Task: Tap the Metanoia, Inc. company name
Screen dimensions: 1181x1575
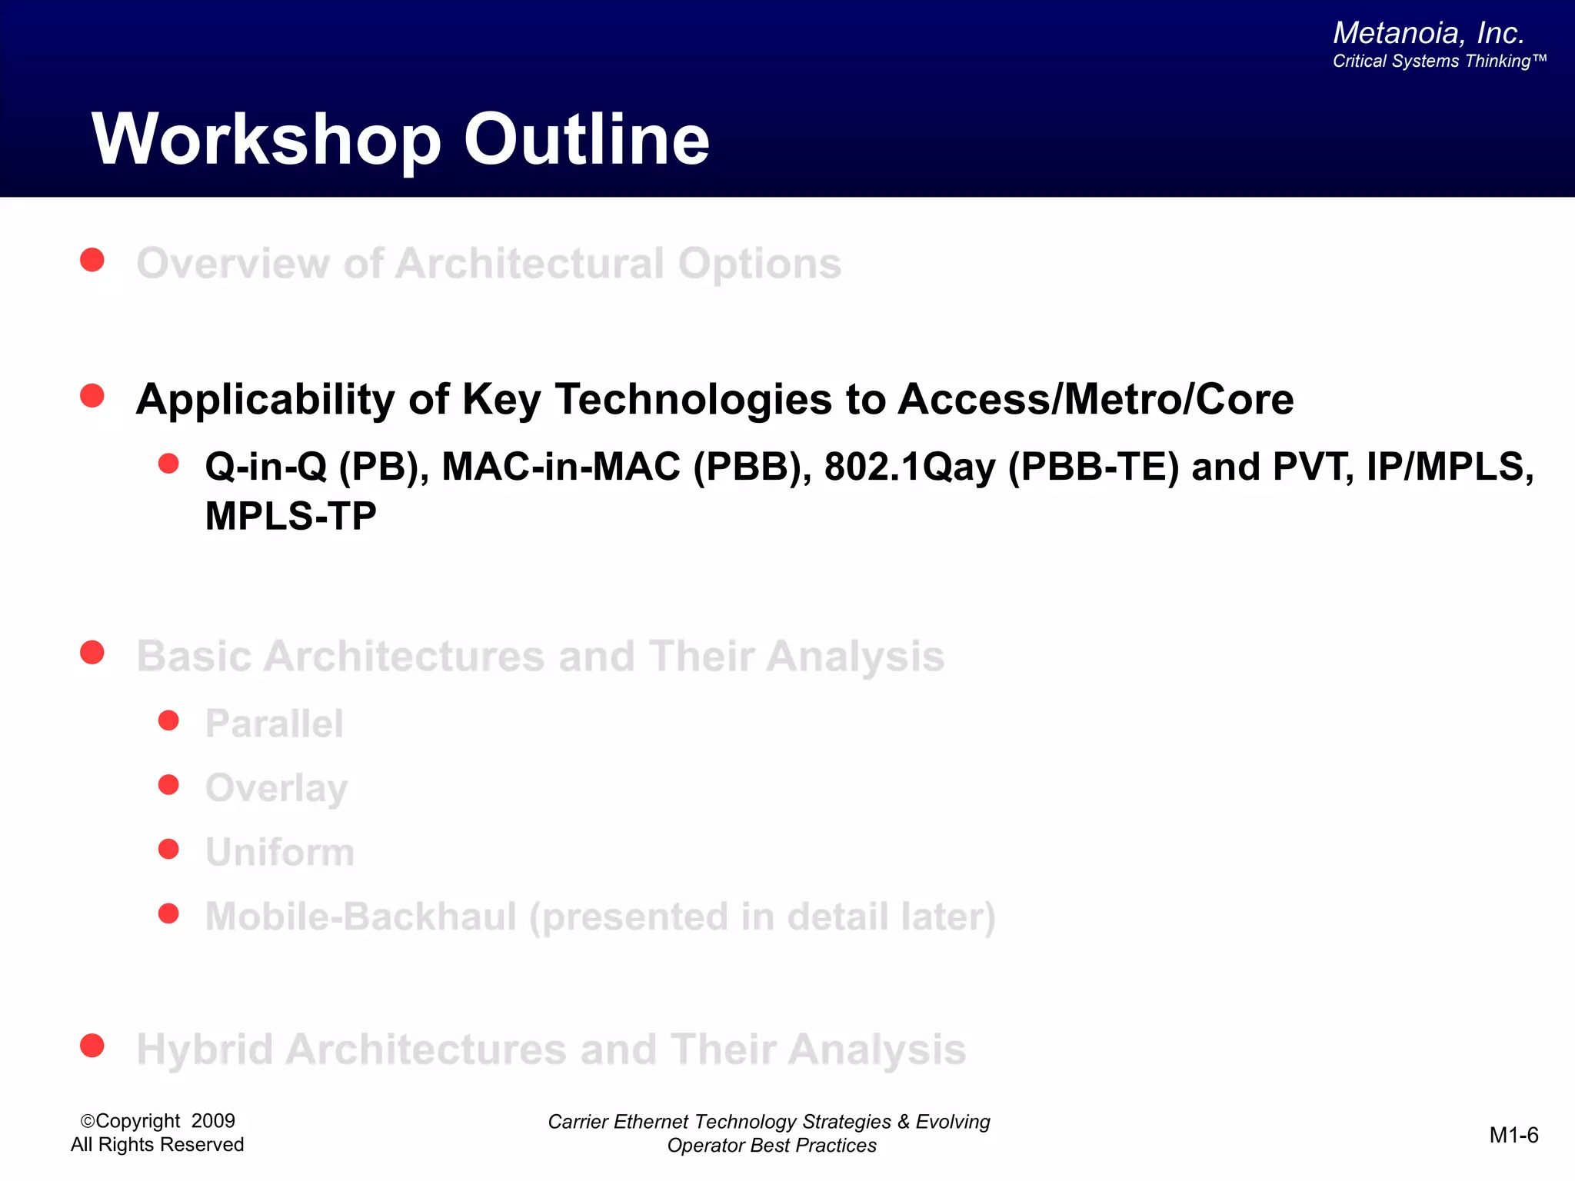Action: click(1428, 33)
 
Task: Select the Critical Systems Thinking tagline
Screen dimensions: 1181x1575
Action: click(1438, 62)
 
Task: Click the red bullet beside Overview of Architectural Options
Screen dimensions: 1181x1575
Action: click(92, 260)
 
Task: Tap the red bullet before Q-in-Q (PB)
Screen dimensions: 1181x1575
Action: click(168, 464)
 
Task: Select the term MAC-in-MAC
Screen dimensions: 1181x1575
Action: click(561, 467)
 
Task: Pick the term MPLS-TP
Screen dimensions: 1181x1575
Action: click(291, 516)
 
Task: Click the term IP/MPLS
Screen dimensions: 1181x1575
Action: click(1449, 467)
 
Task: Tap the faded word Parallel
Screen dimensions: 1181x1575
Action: click(274, 724)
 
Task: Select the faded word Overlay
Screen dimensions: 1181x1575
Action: click(276, 788)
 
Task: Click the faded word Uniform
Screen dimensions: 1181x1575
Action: click(280, 852)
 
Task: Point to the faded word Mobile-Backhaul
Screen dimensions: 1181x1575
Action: click(361, 917)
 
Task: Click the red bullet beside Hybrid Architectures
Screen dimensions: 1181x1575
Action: click(92, 1046)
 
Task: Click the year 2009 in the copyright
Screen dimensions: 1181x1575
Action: click(213, 1121)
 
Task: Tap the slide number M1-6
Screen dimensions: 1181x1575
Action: click(1513, 1135)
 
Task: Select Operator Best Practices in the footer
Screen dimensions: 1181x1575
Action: click(771, 1146)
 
